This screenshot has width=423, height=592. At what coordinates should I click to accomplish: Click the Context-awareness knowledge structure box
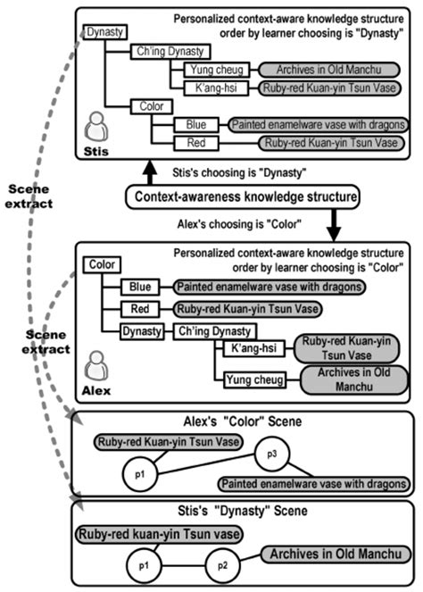click(x=242, y=196)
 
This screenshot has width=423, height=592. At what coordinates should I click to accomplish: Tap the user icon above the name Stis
click(x=96, y=127)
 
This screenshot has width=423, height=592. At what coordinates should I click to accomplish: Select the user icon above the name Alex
click(x=96, y=366)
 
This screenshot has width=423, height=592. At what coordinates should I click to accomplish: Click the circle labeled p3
click(x=272, y=454)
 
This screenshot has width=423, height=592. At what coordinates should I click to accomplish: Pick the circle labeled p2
click(x=222, y=565)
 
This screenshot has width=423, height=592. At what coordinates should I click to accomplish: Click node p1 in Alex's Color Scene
click(x=140, y=474)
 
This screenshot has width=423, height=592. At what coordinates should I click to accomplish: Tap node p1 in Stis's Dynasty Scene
click(x=144, y=565)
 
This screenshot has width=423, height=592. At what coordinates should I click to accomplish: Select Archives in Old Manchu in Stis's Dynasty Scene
click(x=336, y=554)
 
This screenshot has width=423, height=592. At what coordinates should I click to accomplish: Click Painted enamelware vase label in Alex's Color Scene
click(x=314, y=484)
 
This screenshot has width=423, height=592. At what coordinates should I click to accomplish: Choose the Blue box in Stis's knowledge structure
click(x=196, y=125)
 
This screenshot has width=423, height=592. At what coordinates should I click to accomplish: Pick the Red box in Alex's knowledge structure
click(x=140, y=309)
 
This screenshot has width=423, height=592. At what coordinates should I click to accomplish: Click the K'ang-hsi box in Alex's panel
click(x=253, y=348)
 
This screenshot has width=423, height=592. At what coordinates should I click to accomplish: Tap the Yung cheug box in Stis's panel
click(x=217, y=70)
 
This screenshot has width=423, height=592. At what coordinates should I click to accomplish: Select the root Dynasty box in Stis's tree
click(x=105, y=32)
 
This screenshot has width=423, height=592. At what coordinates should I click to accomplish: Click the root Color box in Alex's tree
click(x=102, y=264)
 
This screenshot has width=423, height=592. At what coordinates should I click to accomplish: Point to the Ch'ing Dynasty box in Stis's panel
click(x=170, y=52)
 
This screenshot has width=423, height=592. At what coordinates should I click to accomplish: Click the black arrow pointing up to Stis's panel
click(x=150, y=172)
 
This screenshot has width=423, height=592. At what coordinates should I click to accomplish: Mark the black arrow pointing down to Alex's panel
click(x=334, y=225)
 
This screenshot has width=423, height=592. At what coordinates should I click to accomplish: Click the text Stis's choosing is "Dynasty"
click(x=239, y=173)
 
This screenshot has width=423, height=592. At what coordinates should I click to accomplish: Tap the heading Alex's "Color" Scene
click(x=242, y=421)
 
